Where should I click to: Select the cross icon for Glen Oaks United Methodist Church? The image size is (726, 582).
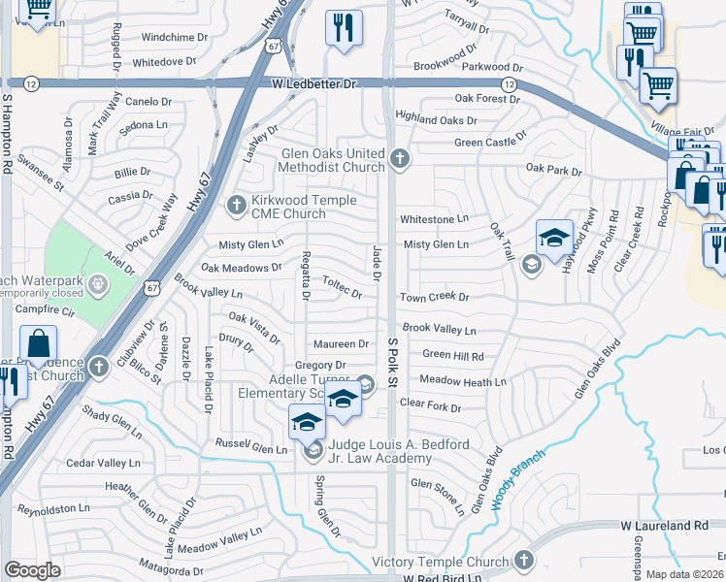(399, 158)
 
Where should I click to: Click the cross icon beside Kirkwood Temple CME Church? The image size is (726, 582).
(234, 205)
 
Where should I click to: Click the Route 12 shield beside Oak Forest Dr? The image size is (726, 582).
(510, 85)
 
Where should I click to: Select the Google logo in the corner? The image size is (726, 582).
(32, 569)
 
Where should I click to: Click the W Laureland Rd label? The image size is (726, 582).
(665, 525)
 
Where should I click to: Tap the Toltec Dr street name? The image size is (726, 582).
(342, 285)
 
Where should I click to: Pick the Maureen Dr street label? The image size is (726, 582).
(341, 344)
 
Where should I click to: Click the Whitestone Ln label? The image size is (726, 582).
(435, 219)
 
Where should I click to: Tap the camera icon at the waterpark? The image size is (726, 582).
(98, 284)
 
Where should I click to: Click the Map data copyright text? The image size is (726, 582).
(685, 574)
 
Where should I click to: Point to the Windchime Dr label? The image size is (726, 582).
(175, 37)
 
